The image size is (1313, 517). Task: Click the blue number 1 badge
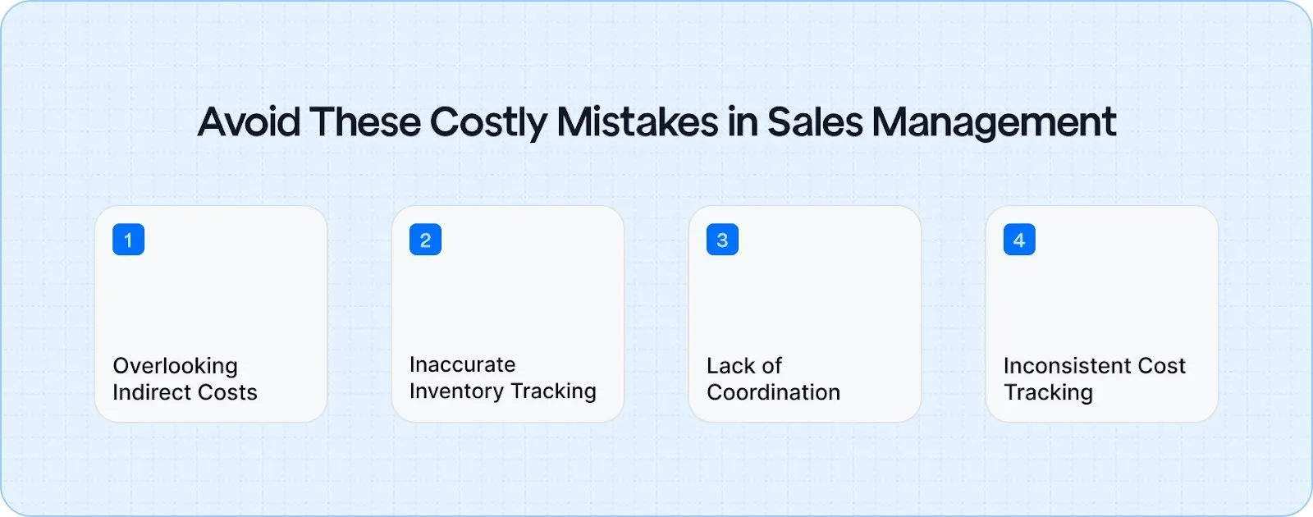[x=129, y=240]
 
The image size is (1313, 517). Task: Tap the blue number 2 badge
[x=425, y=240]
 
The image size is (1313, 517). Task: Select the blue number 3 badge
[x=722, y=240]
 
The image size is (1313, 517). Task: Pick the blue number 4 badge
[x=1019, y=240]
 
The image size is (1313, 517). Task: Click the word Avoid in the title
[x=249, y=122]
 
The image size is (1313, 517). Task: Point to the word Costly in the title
[x=487, y=123]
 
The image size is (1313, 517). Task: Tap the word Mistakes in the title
[x=638, y=122]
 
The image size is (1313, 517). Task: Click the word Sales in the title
[x=815, y=122]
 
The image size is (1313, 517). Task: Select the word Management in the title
[x=994, y=123]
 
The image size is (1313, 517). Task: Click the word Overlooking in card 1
[x=176, y=366]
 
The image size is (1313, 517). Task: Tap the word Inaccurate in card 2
[x=463, y=364]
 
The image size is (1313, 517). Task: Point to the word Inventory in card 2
[x=456, y=391]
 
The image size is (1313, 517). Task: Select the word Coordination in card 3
[x=773, y=392]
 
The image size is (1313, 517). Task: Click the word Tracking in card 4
[x=1048, y=393]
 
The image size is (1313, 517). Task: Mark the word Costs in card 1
[x=226, y=392]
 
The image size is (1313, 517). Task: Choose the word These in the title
[x=365, y=122]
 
